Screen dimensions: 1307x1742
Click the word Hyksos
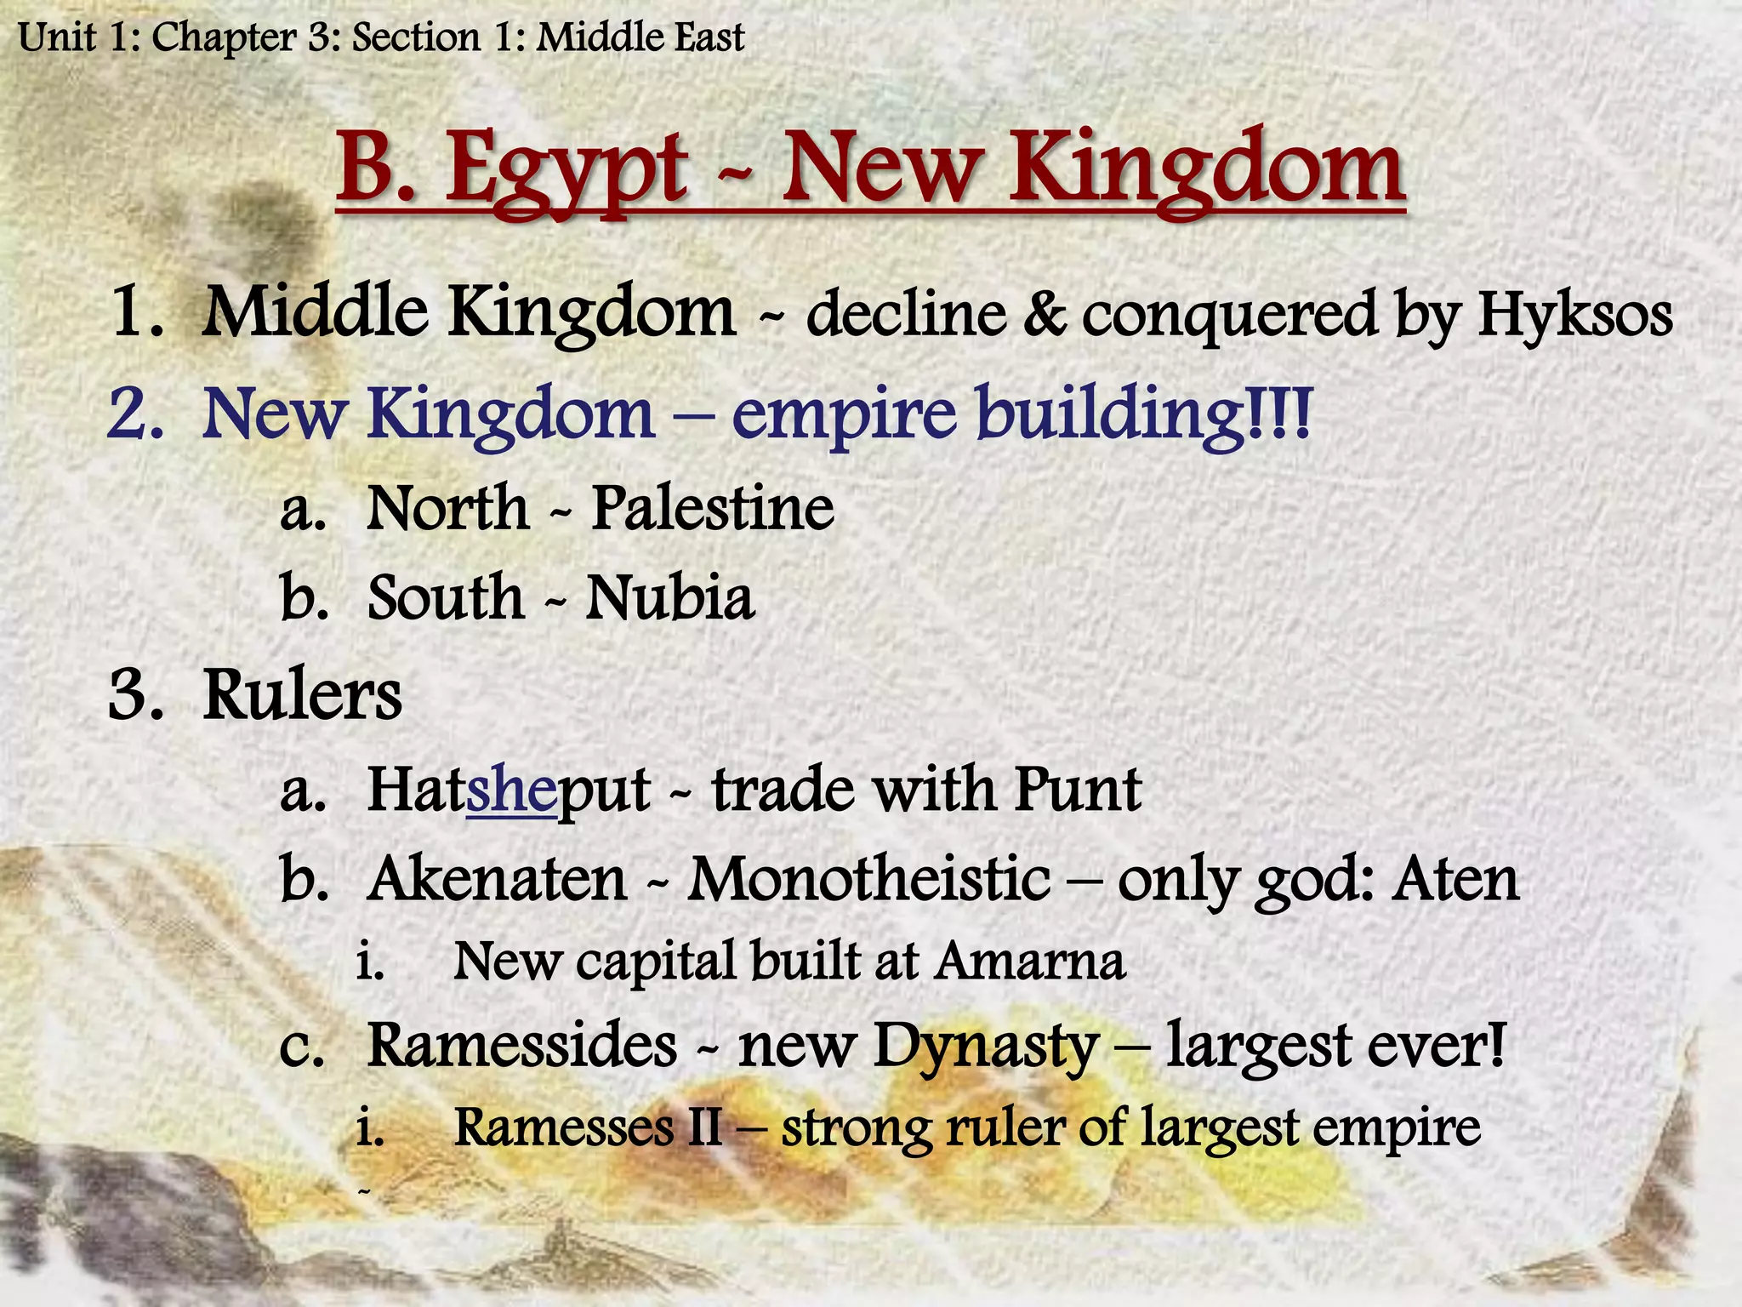(1574, 315)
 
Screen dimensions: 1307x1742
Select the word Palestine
(713, 509)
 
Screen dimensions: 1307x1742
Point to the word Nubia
(670, 597)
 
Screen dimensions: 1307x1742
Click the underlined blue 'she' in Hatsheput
(510, 790)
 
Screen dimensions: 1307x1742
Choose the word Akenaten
(498, 879)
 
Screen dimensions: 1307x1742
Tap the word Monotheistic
(868, 879)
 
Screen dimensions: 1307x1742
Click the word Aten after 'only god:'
(1455, 879)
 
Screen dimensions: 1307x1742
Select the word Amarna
(1030, 962)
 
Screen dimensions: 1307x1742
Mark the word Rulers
(302, 695)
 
